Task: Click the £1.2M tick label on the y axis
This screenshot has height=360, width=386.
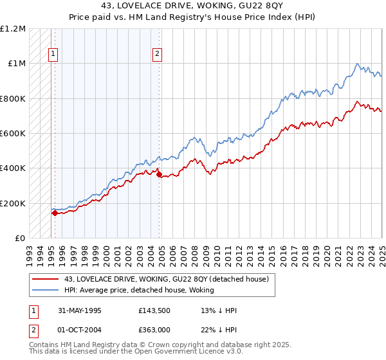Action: pyautogui.click(x=13, y=29)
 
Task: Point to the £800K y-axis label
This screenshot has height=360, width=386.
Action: pyautogui.click(x=13, y=99)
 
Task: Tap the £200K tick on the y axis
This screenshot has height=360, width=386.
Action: pyautogui.click(x=13, y=203)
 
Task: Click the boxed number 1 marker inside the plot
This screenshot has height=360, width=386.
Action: pyautogui.click(x=53, y=55)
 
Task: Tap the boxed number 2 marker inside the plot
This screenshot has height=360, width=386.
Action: pyautogui.click(x=157, y=55)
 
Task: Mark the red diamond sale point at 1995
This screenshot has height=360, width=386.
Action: pyautogui.click(x=55, y=213)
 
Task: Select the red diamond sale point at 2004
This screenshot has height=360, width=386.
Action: pyautogui.click(x=159, y=172)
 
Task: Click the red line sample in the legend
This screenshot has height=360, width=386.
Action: pyautogui.click(x=46, y=278)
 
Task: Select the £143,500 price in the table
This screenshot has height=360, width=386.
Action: pyautogui.click(x=154, y=310)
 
